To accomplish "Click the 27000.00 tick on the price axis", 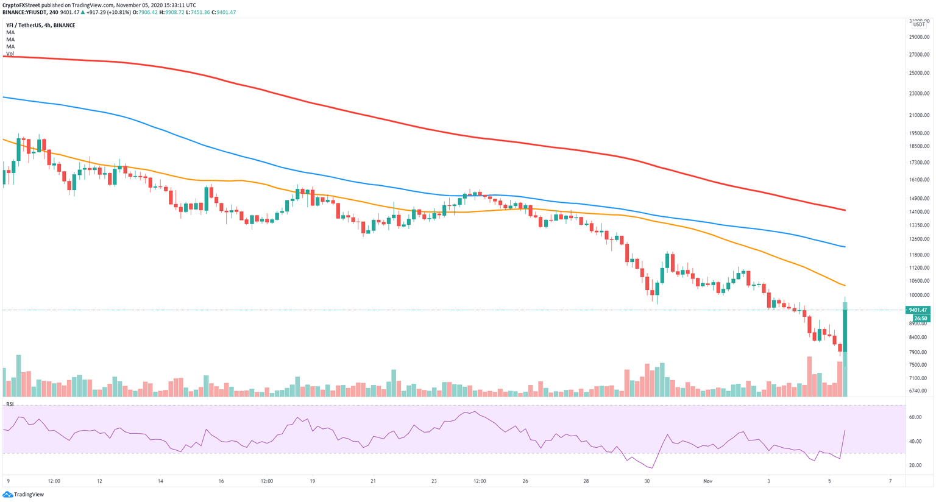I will pos(918,54).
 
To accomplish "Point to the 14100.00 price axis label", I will pos(918,212).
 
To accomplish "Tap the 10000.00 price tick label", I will pos(918,295).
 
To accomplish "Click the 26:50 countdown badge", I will pos(920,318).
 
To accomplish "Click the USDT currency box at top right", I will pos(918,24).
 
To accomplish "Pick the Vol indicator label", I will pos(10,54).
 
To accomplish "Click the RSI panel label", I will pos(10,404).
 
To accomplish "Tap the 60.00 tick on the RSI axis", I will pos(915,417).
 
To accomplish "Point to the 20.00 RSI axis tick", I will pos(915,465).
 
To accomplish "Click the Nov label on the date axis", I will pos(707,481).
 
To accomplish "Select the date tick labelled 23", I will pos(434,481).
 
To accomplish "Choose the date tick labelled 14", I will pos(160,481).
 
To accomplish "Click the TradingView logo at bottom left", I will pos(24,495).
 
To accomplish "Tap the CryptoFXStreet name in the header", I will pos(21,5).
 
